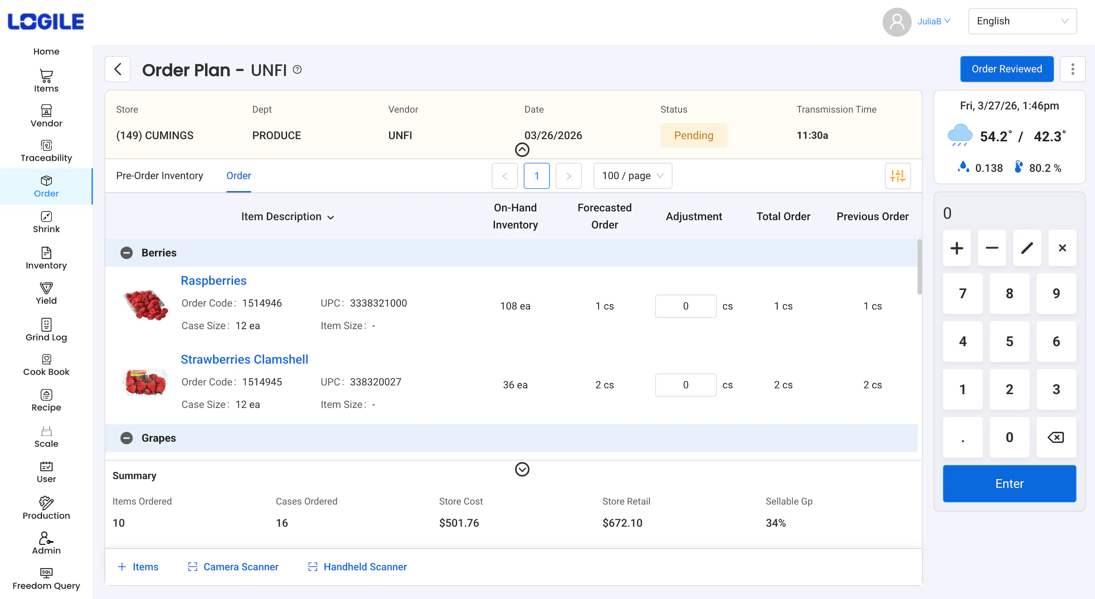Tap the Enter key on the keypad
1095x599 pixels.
pyautogui.click(x=1009, y=483)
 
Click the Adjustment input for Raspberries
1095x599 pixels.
pyautogui.click(x=685, y=306)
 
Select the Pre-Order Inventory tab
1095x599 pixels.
pyautogui.click(x=159, y=176)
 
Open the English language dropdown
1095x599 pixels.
pyautogui.click(x=1022, y=21)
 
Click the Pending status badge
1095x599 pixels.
pyautogui.click(x=693, y=135)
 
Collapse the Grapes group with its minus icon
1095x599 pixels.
pyautogui.click(x=126, y=438)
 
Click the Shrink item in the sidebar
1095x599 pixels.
pyautogui.click(x=46, y=222)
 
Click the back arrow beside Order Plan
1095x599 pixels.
pyautogui.click(x=118, y=69)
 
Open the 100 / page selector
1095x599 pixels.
pyautogui.click(x=632, y=176)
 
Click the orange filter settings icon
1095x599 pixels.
pyautogui.click(x=897, y=176)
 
